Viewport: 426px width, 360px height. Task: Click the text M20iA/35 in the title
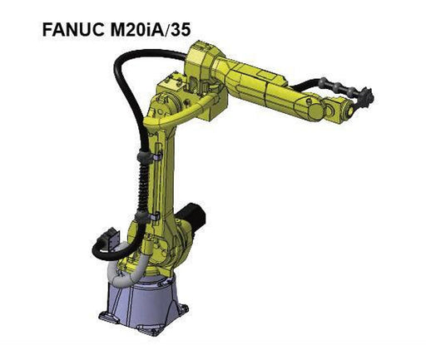point(151,29)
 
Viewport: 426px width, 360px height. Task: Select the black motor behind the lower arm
point(192,217)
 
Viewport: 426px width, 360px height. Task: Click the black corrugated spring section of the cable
point(143,185)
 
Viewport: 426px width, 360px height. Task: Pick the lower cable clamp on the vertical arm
point(147,216)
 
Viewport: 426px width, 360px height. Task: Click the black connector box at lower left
point(111,239)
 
